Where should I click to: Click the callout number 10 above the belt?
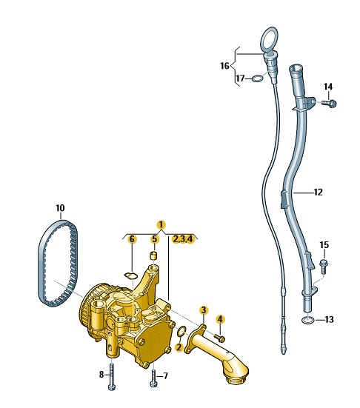coord(60,208)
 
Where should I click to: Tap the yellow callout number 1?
coord(161,224)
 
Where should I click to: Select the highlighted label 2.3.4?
coord(183,239)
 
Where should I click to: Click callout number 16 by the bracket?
coord(224,66)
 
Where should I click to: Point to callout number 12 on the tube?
coord(318,193)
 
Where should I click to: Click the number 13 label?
coord(330,319)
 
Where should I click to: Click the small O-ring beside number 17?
coord(258,78)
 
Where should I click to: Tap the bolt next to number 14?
coord(329,103)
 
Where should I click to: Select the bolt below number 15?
coord(323,266)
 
